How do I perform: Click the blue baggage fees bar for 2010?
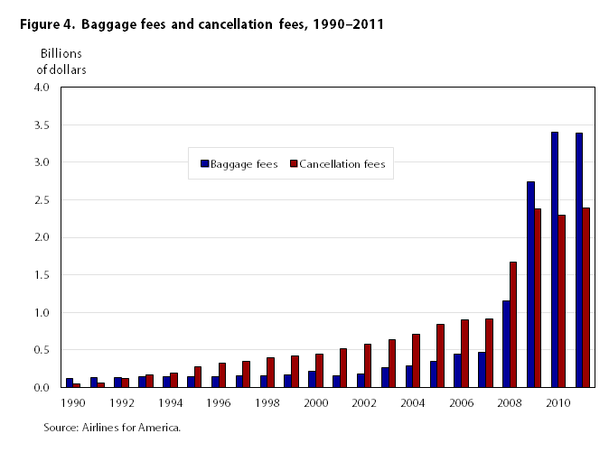[x=555, y=260]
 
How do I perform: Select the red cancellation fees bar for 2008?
[x=513, y=325]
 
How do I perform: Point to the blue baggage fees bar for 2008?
[x=506, y=344]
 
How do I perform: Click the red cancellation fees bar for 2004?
[x=417, y=361]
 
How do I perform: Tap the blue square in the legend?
[x=204, y=164]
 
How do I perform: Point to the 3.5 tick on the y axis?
[x=42, y=125]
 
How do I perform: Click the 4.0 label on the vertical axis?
[x=42, y=88]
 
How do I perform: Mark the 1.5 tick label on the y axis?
[x=42, y=275]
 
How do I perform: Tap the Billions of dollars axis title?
[x=61, y=61]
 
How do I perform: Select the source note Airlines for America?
[x=112, y=427]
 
